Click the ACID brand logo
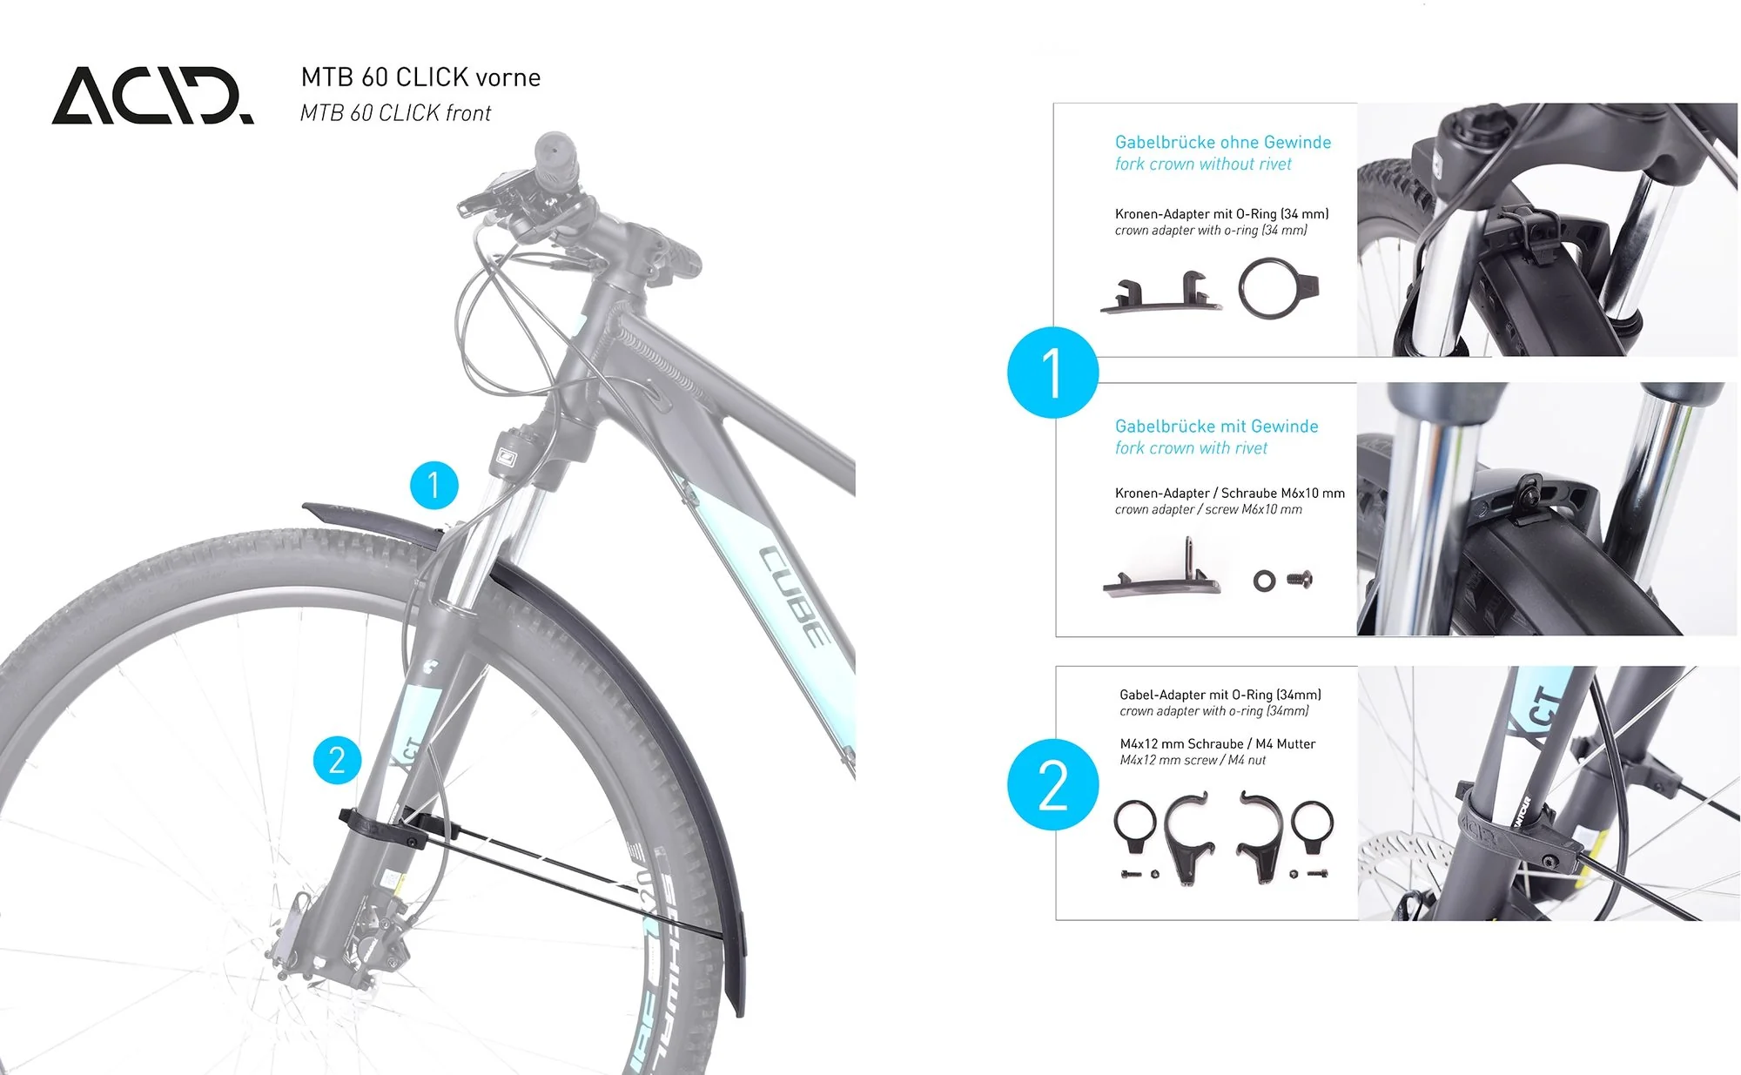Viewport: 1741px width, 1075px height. [x=152, y=95]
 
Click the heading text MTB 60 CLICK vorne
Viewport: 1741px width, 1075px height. [x=420, y=77]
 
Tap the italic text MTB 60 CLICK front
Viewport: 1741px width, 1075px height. [x=395, y=113]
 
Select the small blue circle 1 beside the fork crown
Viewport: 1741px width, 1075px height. [x=434, y=485]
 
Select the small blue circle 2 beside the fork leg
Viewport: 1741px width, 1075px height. [x=337, y=760]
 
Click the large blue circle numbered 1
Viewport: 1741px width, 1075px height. [x=1052, y=373]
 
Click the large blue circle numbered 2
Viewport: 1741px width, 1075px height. [x=1052, y=785]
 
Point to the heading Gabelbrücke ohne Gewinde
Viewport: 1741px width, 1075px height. [x=1222, y=142]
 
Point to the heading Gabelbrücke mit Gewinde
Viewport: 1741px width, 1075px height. [x=1216, y=427]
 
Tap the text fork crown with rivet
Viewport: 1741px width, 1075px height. [x=1191, y=448]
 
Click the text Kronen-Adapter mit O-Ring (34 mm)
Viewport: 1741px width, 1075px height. [x=1221, y=214]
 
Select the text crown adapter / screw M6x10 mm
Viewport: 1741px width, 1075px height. [x=1208, y=510]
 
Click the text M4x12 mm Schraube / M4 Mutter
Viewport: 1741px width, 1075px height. [x=1217, y=744]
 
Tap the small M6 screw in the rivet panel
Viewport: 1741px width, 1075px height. [x=1299, y=577]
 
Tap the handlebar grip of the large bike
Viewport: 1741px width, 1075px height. [x=554, y=161]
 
